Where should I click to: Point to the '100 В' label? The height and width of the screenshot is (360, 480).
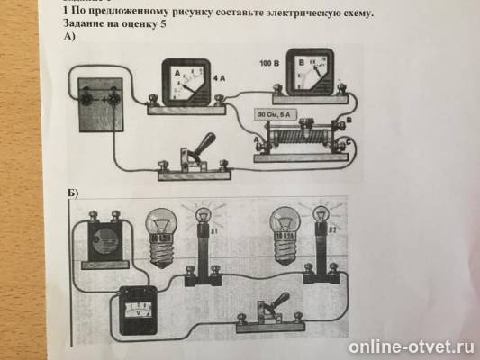pos(269,64)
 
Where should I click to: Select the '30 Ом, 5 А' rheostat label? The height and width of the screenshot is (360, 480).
pos(274,116)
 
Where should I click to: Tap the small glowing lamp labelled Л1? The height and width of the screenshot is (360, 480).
pos(204,216)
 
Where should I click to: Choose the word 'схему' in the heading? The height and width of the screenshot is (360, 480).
pos(350,13)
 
